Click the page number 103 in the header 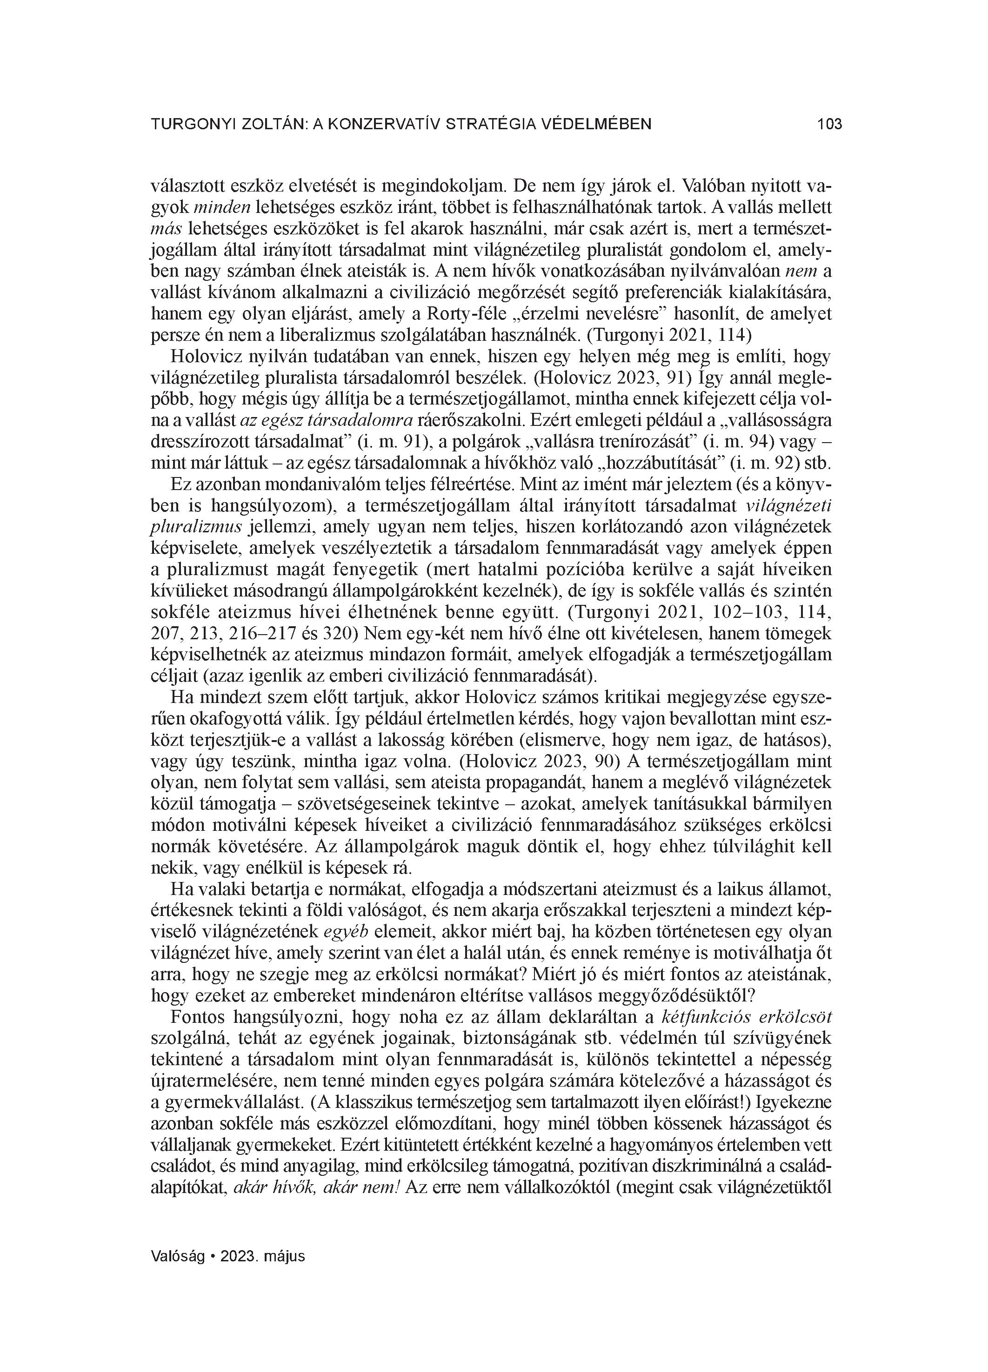click(x=829, y=125)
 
